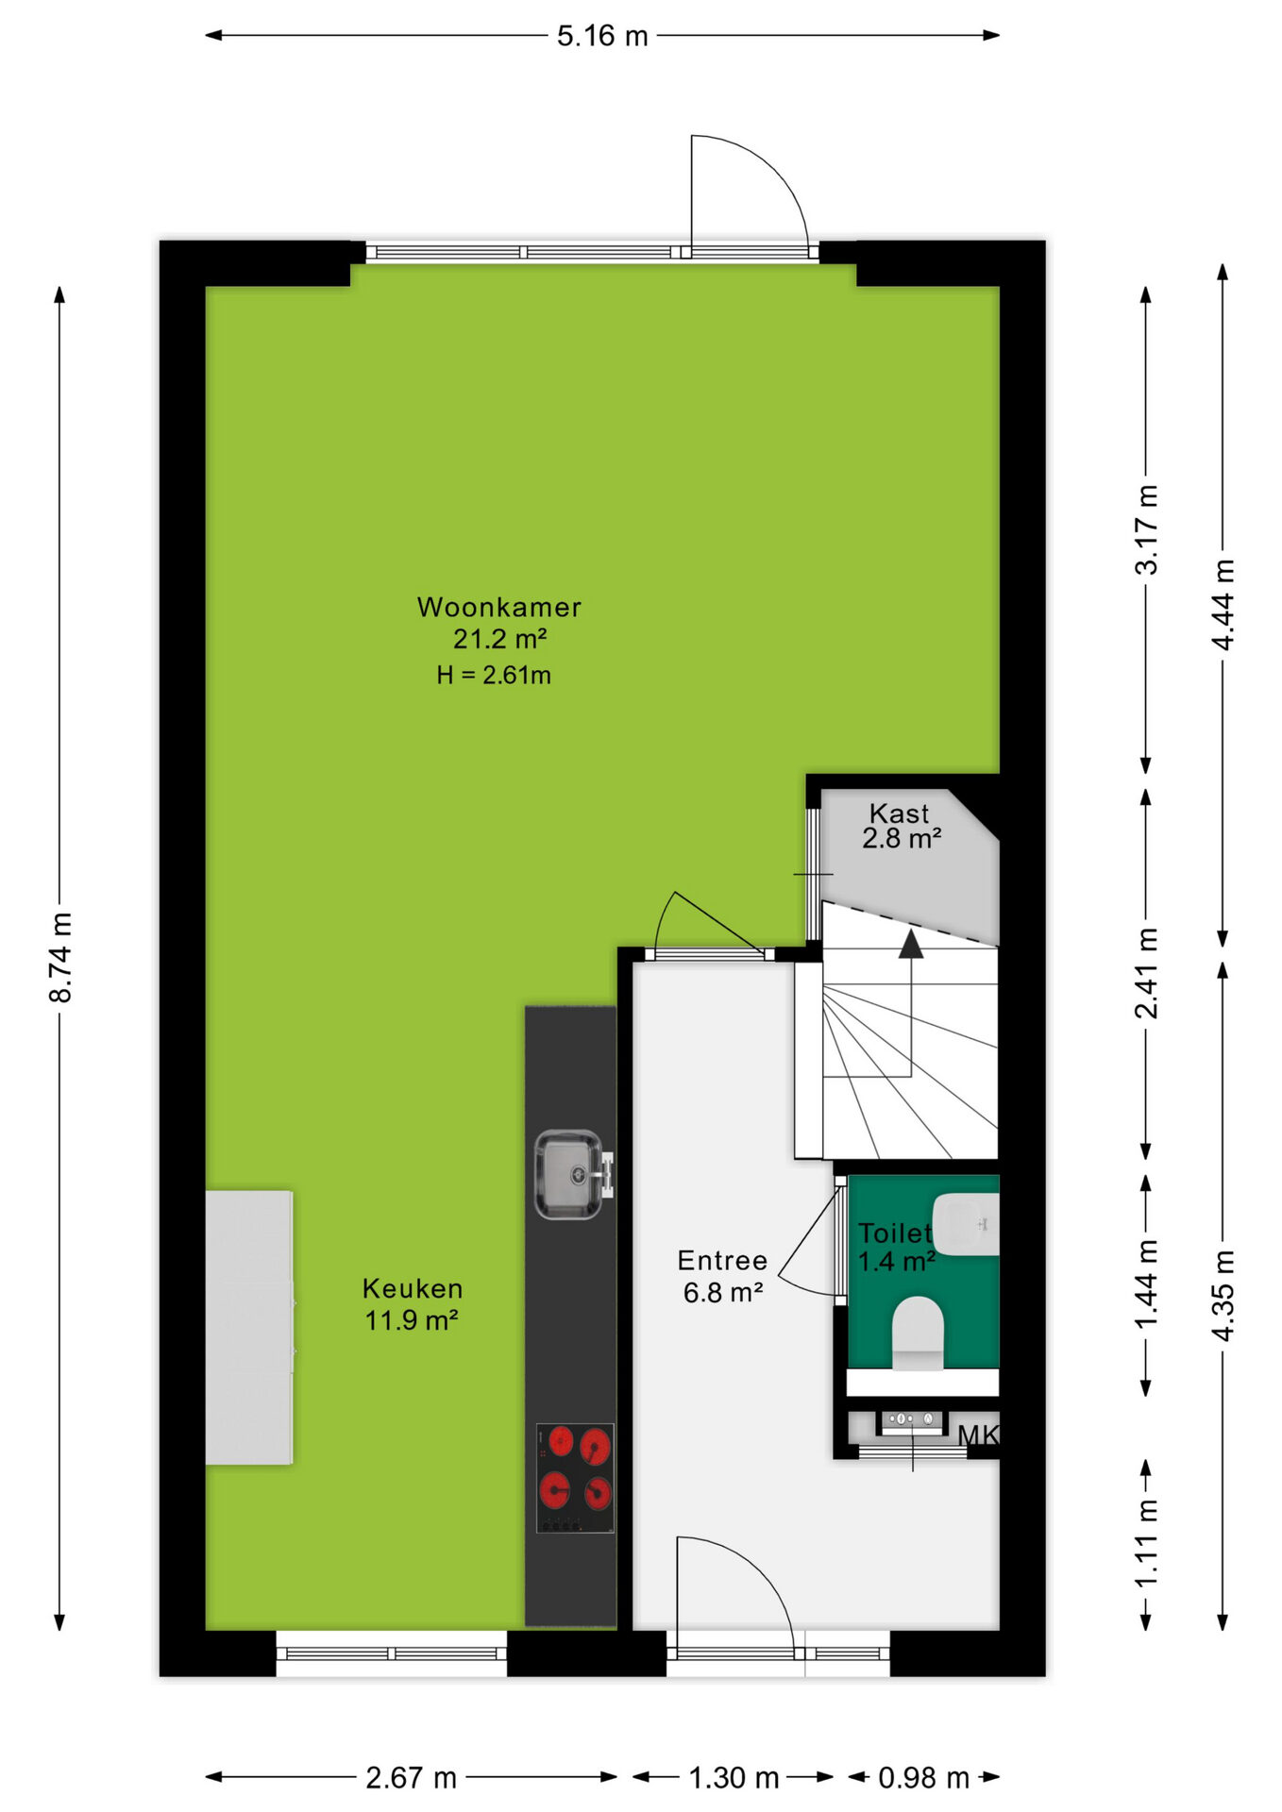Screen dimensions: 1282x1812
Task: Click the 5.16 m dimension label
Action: click(x=602, y=36)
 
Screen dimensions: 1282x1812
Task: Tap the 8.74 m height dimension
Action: click(x=60, y=957)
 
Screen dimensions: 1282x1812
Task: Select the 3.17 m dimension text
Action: click(x=1146, y=529)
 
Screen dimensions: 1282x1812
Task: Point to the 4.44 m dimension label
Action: click(x=1223, y=605)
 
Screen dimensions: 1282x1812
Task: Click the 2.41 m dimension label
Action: click(x=1146, y=973)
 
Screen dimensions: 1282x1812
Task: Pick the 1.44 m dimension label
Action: click(x=1146, y=1283)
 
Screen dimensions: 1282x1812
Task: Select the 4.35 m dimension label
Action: click(x=1223, y=1295)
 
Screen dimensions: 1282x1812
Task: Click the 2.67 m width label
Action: click(x=412, y=1778)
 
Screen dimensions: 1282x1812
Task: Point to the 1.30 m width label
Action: click(x=734, y=1778)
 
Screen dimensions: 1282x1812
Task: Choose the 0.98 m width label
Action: click(x=924, y=1778)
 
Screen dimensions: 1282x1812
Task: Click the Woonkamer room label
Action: click(x=499, y=607)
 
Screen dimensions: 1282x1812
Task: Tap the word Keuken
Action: click(x=413, y=1288)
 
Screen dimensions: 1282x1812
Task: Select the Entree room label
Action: click(x=722, y=1261)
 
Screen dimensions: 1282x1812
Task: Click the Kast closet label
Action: click(x=899, y=813)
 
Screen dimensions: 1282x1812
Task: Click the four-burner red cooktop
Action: click(x=575, y=1478)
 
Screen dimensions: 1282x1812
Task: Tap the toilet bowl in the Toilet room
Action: click(x=918, y=1334)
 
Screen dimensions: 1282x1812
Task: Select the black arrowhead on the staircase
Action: click(x=911, y=944)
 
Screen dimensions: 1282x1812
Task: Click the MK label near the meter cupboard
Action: click(x=978, y=1435)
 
